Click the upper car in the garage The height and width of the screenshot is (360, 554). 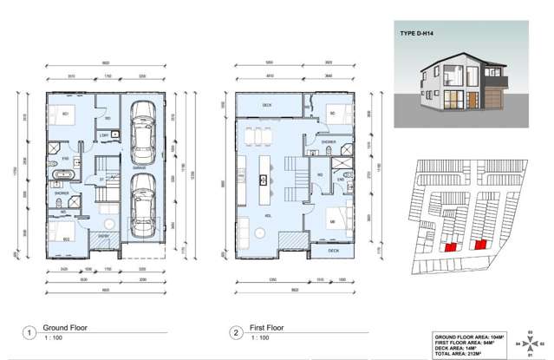coord(142,125)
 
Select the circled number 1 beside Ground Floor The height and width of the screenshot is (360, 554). coord(29,332)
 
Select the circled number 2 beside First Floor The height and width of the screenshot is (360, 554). coord(235,332)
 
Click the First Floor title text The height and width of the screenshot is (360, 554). coord(267,328)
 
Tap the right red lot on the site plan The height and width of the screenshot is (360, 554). coord(479,245)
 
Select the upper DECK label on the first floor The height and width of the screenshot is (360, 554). coord(266,107)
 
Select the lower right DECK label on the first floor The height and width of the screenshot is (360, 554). coord(334,251)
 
